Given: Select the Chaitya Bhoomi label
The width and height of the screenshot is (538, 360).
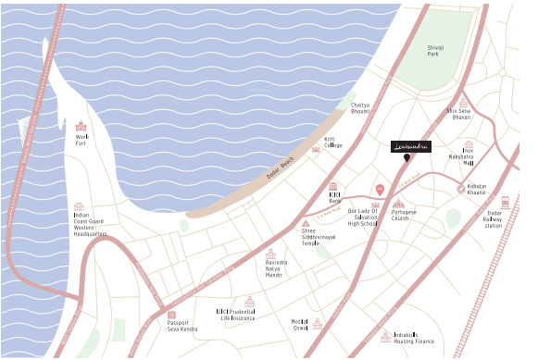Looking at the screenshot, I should (x=359, y=109).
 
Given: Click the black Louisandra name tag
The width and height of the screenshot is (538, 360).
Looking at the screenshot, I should (x=410, y=146).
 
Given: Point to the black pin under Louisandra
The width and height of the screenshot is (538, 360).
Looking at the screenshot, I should (x=407, y=159).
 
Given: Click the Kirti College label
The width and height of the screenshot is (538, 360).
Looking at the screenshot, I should (x=332, y=143).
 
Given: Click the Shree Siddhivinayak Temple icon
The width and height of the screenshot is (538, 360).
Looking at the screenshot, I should (x=307, y=223).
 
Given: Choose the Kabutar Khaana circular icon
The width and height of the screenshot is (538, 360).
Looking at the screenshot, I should (x=461, y=189).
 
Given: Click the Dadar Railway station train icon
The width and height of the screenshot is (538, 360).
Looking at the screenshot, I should (x=506, y=202).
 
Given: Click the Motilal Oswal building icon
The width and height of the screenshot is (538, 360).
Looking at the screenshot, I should (x=318, y=323).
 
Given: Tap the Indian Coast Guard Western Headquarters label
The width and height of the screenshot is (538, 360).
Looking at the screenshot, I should (x=90, y=225).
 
